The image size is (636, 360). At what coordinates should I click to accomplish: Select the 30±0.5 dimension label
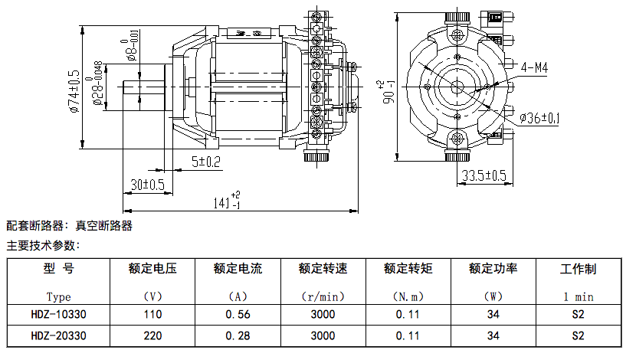147,185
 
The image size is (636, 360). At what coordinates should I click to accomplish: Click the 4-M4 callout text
534,67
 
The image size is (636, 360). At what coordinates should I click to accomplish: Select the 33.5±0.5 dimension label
486,175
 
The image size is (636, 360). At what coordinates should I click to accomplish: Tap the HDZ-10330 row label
58,314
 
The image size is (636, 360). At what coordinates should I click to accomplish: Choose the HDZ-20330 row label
58,335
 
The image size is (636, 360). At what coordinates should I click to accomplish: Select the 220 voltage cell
153,335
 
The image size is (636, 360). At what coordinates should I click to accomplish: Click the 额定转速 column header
323,269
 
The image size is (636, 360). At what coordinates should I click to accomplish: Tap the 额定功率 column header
493,269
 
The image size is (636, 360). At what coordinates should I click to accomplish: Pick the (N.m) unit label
408,296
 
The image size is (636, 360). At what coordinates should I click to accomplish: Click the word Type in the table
58,296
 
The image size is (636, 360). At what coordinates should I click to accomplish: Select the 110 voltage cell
153,314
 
